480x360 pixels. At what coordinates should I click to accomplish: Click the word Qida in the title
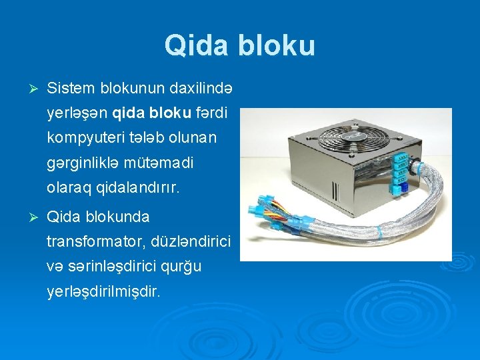194,46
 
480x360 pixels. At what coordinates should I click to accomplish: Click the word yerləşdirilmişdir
104,291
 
